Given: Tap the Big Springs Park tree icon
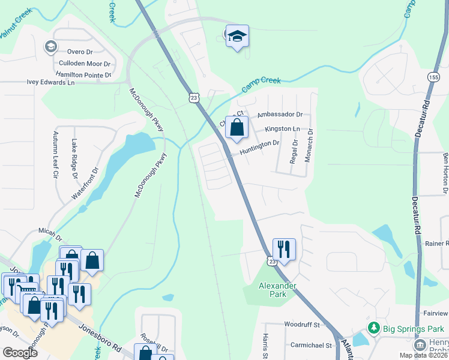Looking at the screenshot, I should (374, 328).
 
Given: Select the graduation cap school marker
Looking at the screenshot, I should (238, 37).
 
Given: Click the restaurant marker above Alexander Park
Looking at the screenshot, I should (284, 249).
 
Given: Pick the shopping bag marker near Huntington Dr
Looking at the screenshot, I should (237, 128).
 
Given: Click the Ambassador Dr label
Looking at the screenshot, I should (279, 114).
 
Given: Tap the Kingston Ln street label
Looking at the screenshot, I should (282, 129).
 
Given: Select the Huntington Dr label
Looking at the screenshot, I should (260, 144).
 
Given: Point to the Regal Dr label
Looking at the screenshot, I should (294, 151).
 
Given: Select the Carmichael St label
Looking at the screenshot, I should (312, 346).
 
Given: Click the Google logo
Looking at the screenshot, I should (20, 352).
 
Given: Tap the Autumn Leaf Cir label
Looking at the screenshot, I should (55, 155).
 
